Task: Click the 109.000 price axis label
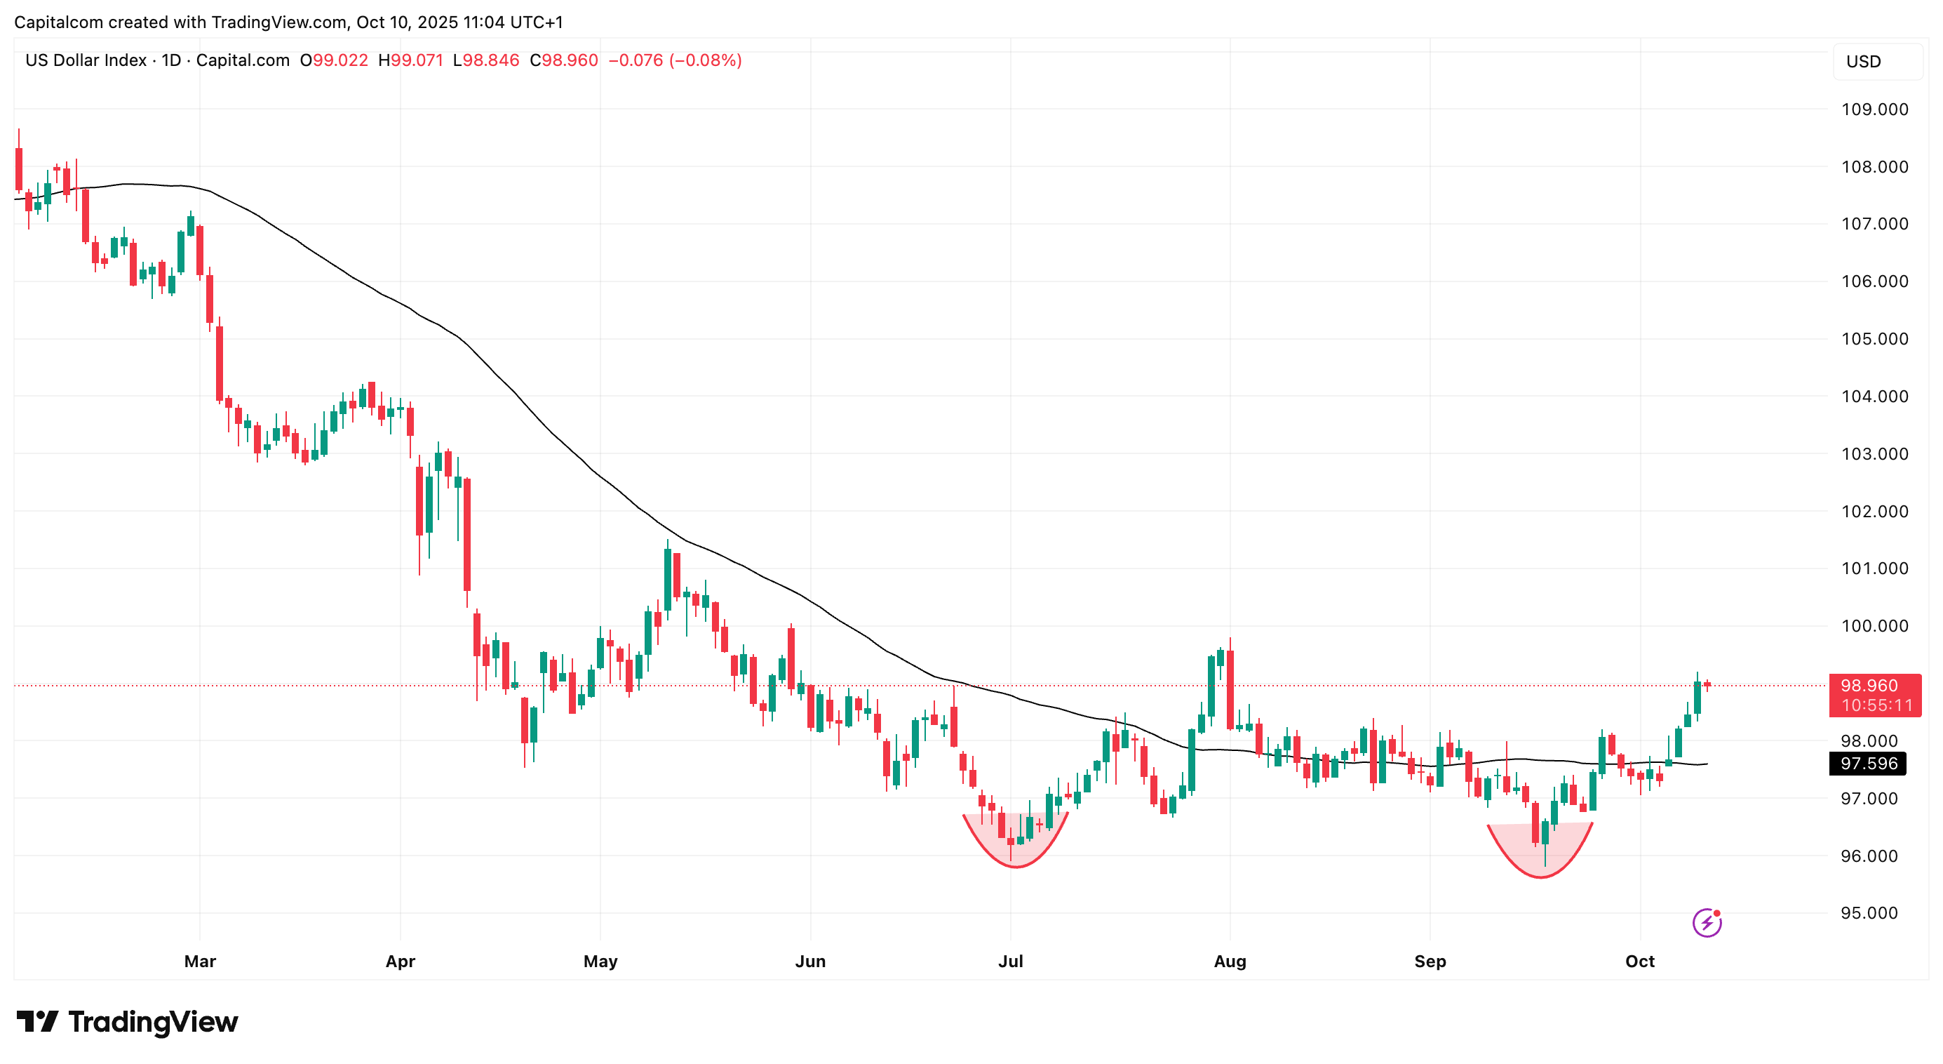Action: [1874, 109]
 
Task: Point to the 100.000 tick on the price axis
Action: [1874, 625]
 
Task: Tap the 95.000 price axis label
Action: [1874, 913]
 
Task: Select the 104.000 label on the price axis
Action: [1874, 396]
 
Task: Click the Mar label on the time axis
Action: [200, 962]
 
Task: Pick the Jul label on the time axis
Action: [1011, 962]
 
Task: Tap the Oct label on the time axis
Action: [1640, 962]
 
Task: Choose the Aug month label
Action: [1230, 962]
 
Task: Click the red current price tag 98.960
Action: [1874, 686]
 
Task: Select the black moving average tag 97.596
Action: [1869, 764]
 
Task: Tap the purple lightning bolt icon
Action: [1706, 922]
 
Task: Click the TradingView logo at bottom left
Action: [127, 1023]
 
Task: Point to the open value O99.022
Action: [334, 60]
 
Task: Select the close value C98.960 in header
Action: [563, 60]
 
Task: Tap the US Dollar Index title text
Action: [86, 60]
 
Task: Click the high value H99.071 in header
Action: [410, 60]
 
